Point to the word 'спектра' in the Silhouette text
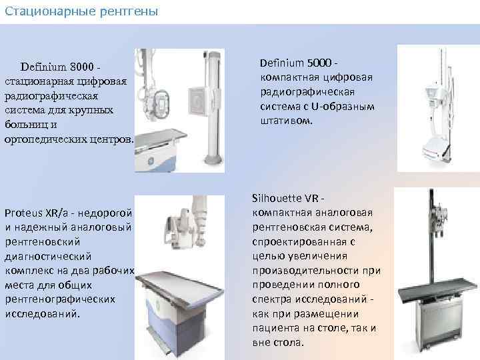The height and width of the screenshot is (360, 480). [x=270, y=299]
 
